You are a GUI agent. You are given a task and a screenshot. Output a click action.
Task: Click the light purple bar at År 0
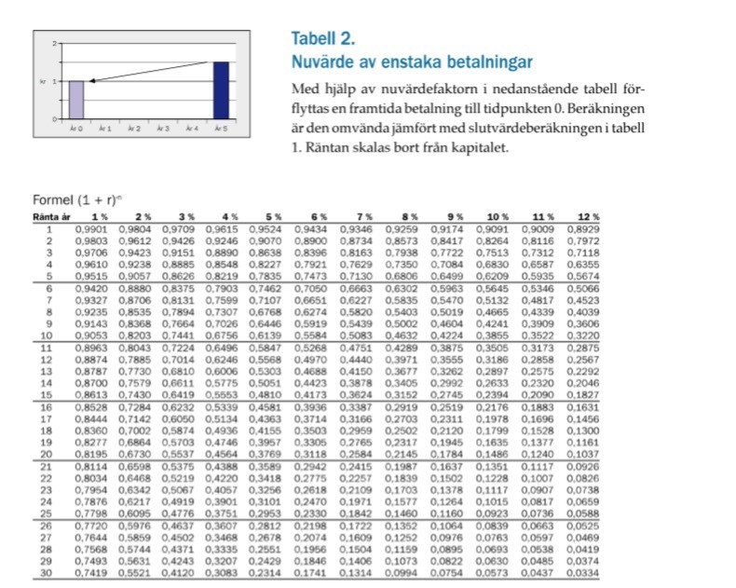tap(76, 99)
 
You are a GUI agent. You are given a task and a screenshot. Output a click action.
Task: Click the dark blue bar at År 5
tap(221, 89)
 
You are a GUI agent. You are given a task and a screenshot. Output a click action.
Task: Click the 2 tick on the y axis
tap(54, 44)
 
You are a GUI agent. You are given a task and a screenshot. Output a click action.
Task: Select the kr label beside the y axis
tap(42, 81)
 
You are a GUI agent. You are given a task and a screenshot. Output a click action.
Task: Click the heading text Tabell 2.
tap(322, 39)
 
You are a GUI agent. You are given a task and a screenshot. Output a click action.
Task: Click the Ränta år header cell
tap(49, 216)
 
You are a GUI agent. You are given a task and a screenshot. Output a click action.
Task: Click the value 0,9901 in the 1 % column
tap(96, 228)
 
